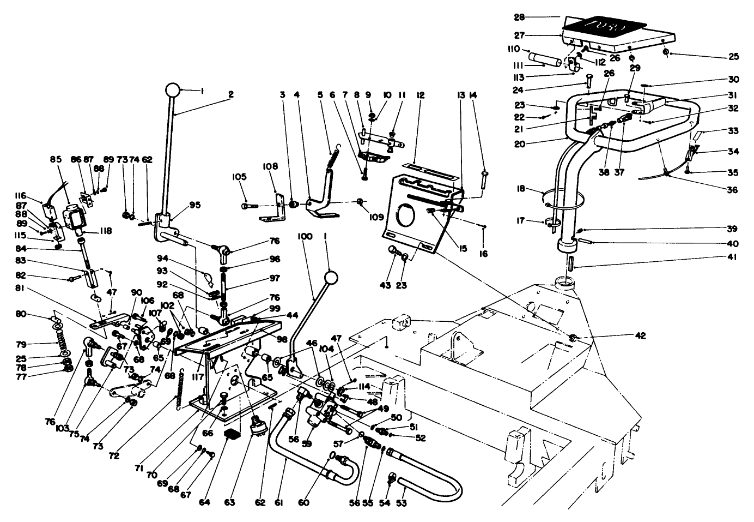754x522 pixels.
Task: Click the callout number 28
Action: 519,17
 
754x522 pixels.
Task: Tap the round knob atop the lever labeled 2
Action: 173,90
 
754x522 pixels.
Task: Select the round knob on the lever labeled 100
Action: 330,278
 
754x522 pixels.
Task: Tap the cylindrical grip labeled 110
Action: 545,58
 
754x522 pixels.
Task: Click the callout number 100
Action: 305,236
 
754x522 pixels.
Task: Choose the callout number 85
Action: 55,160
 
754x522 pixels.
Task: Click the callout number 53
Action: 401,502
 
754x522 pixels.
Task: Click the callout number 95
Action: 194,205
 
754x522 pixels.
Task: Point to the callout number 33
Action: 733,131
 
